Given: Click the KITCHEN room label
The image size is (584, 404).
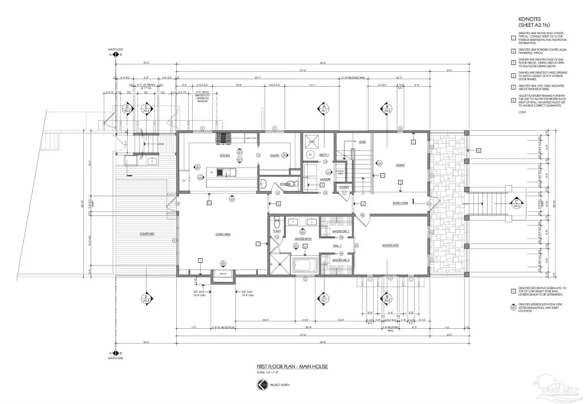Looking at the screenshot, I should (225, 156).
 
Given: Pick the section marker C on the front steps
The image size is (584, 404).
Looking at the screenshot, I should (516, 203).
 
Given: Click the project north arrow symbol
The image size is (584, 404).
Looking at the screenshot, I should (262, 386).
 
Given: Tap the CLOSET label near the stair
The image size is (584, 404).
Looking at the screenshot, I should (344, 186).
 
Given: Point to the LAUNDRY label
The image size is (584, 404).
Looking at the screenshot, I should (325, 179).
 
